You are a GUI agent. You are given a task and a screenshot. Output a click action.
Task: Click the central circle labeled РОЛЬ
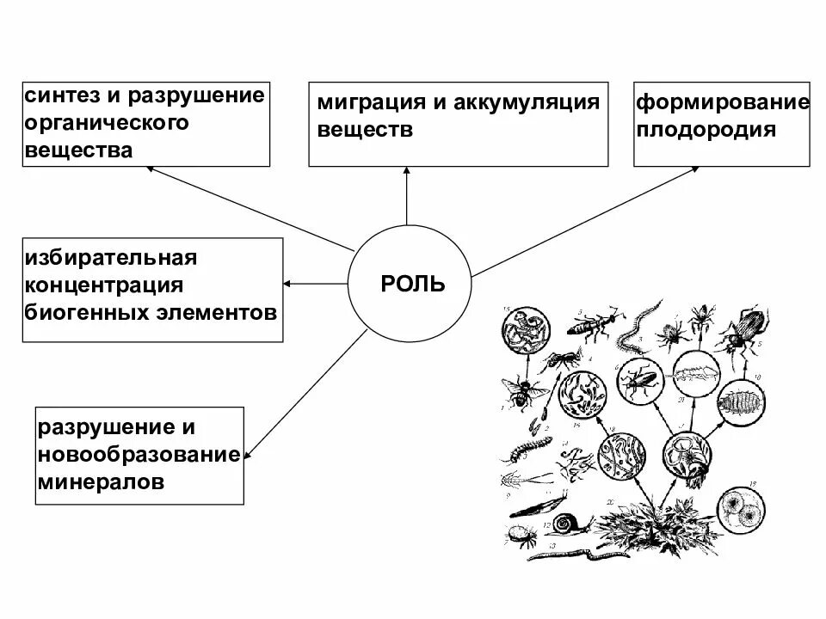[409, 283]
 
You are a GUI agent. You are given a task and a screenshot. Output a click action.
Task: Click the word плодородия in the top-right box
[706, 130]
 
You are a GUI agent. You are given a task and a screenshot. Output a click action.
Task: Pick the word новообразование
[138, 455]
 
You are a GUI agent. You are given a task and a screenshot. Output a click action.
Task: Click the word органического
[107, 122]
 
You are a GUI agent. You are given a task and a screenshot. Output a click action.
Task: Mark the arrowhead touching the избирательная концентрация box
[288, 283]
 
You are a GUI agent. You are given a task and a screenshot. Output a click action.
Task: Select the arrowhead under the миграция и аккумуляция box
[406, 173]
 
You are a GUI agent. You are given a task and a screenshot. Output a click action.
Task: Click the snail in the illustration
[567, 524]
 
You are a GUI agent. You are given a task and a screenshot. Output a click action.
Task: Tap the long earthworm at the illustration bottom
[585, 555]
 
